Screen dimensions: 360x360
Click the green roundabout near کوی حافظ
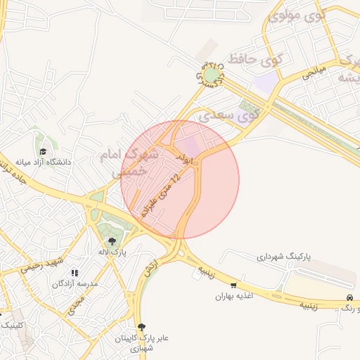pos(212,74)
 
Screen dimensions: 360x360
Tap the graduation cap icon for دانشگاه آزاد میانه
pos(44,151)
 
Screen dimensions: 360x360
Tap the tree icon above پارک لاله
pos(112,241)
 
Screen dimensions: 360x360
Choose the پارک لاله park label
pos(112,252)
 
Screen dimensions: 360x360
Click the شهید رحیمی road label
pos(42,264)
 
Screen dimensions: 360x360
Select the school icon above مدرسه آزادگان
pos(75,273)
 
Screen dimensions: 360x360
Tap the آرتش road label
pos(149,266)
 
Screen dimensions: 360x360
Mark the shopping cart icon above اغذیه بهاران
pos(233,285)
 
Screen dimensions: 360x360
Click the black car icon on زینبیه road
pos(349,298)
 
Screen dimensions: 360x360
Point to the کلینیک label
pos(11,325)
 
